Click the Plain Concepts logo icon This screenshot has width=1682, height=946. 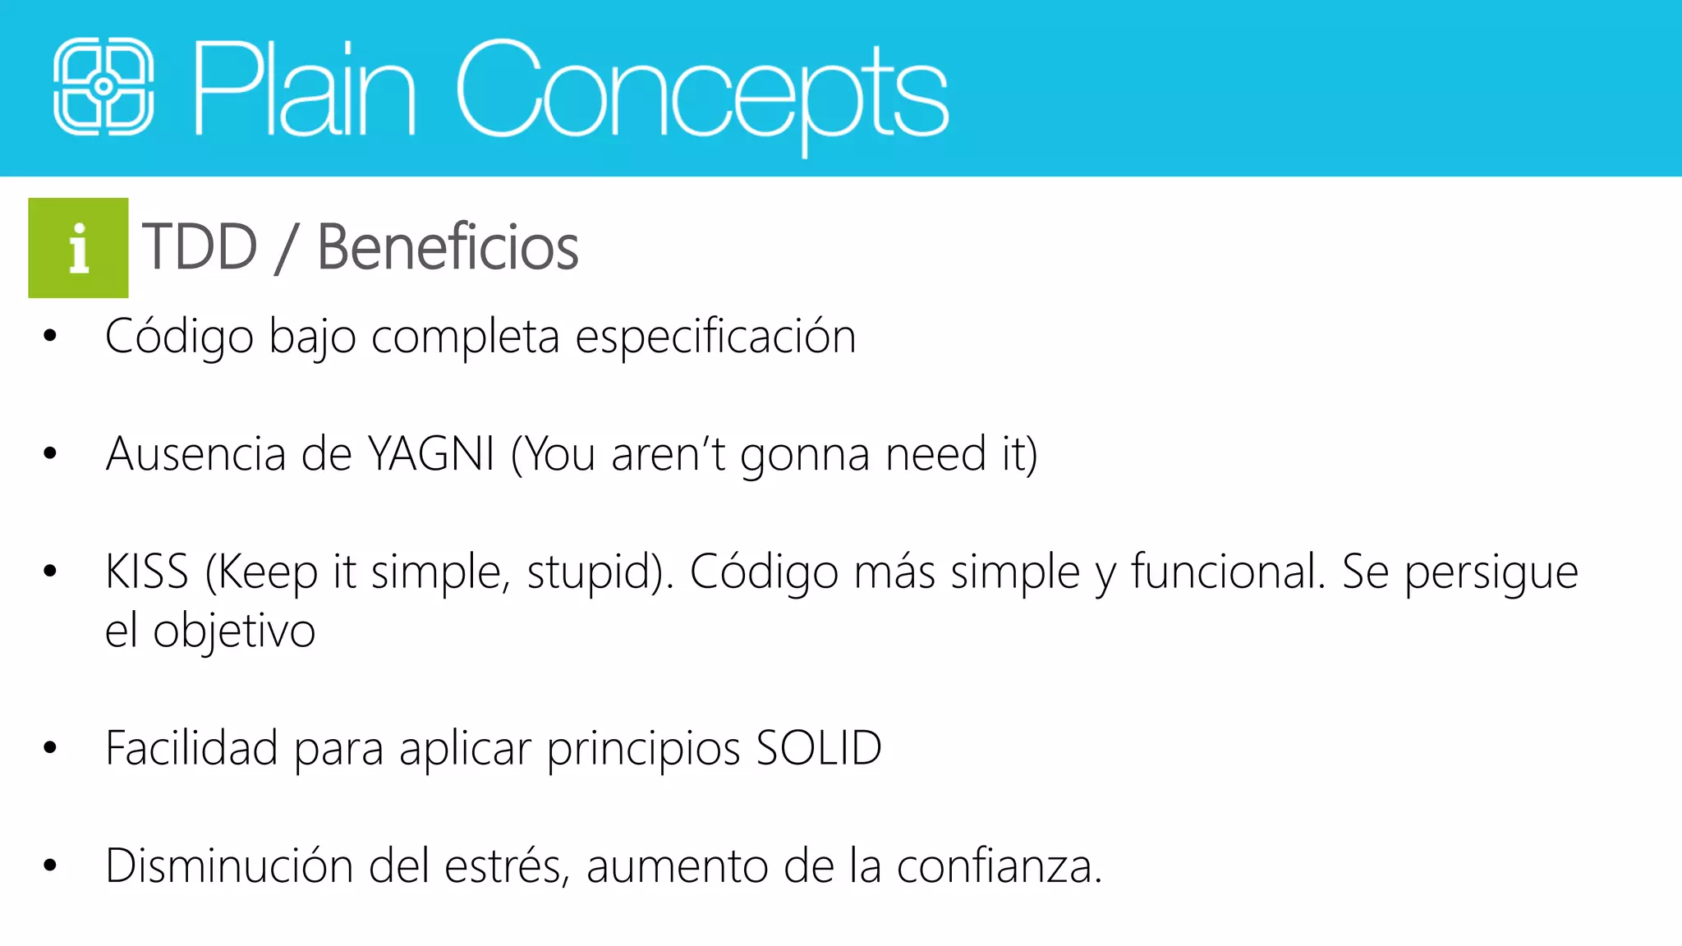103,87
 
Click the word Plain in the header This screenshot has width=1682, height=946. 304,89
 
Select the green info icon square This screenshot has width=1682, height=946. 78,247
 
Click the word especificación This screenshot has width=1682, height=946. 715,337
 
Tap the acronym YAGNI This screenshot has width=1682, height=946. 431,453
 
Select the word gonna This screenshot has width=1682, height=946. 804,455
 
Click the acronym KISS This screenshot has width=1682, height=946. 147,572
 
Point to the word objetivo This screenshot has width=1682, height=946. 234,631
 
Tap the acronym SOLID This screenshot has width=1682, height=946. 818,748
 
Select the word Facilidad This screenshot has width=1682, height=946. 191,748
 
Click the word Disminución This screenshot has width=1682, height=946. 229,866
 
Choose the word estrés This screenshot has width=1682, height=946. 505,866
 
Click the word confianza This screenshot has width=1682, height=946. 998,866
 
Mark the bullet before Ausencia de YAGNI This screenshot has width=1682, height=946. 50,453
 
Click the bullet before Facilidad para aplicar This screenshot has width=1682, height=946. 50,748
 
